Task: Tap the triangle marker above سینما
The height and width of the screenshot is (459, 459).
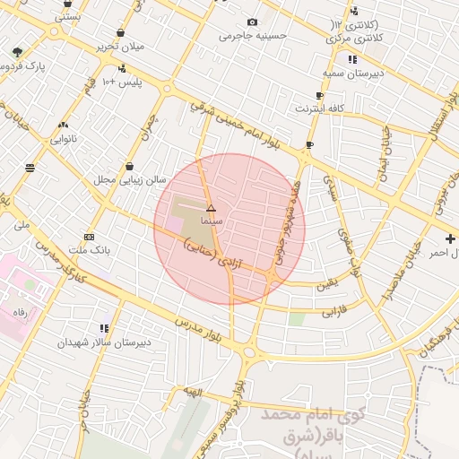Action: coord(211,207)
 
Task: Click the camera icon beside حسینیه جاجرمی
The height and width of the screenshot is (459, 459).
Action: coord(252,22)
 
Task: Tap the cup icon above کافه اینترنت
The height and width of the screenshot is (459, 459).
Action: coord(319,95)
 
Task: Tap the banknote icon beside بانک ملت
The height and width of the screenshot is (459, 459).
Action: coord(88,237)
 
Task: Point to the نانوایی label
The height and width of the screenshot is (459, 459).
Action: coord(63,139)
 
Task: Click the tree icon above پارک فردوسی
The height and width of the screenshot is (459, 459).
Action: coord(18,53)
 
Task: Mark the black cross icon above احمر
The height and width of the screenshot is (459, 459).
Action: coord(450,238)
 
